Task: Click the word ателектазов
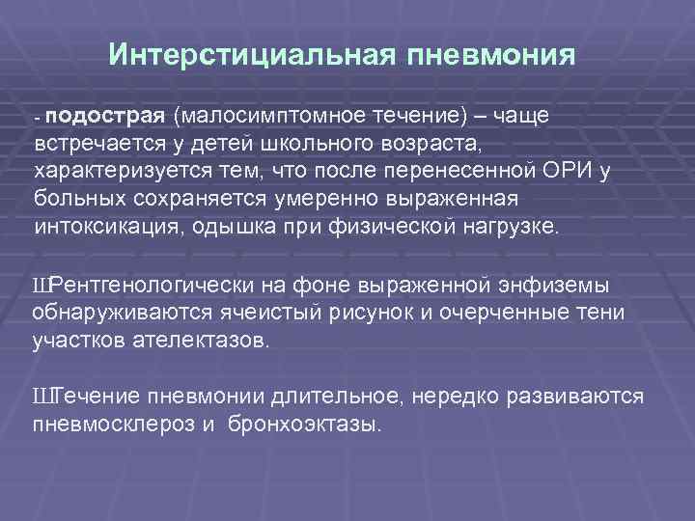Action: click(197, 342)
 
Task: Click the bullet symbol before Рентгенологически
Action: click(41, 287)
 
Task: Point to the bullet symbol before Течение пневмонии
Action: click(41, 398)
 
